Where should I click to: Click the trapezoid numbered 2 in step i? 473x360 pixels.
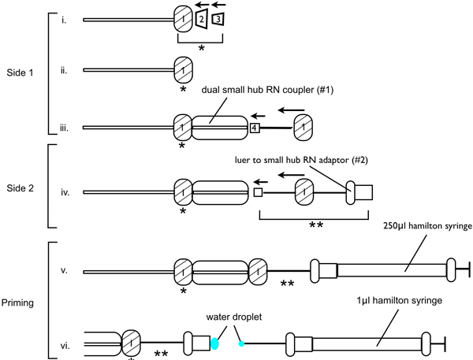tap(202, 19)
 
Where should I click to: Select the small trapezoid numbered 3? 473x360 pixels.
tap(218, 19)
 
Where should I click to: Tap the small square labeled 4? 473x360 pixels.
tap(255, 128)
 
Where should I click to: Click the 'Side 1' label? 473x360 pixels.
tap(20, 72)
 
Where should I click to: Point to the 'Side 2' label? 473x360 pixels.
tap(20, 188)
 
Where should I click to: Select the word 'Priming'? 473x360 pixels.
tap(17, 302)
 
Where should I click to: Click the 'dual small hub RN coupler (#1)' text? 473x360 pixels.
tap(267, 90)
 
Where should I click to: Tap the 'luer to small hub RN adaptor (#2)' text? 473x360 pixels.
tap(301, 160)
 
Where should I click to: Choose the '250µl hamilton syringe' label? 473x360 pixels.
tap(427, 226)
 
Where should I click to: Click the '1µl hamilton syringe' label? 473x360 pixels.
tap(400, 301)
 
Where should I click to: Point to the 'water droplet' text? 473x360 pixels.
tap(234, 317)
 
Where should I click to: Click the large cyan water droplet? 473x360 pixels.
tap(214, 343)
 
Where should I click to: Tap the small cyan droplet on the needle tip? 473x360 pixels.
tap(241, 343)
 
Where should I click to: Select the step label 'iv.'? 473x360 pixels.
tap(65, 192)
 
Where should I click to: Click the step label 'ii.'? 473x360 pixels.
tap(63, 71)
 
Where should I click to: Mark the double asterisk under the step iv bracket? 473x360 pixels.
tap(316, 225)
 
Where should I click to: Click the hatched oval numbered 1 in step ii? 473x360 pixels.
tap(184, 70)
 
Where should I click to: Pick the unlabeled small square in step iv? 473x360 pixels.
tap(258, 192)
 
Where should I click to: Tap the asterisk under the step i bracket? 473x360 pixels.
tap(201, 48)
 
